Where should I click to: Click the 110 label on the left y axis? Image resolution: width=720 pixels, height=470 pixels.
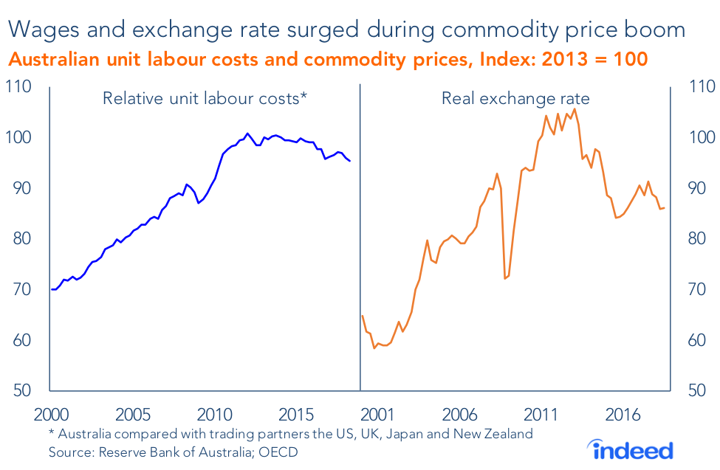coord(21,87)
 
